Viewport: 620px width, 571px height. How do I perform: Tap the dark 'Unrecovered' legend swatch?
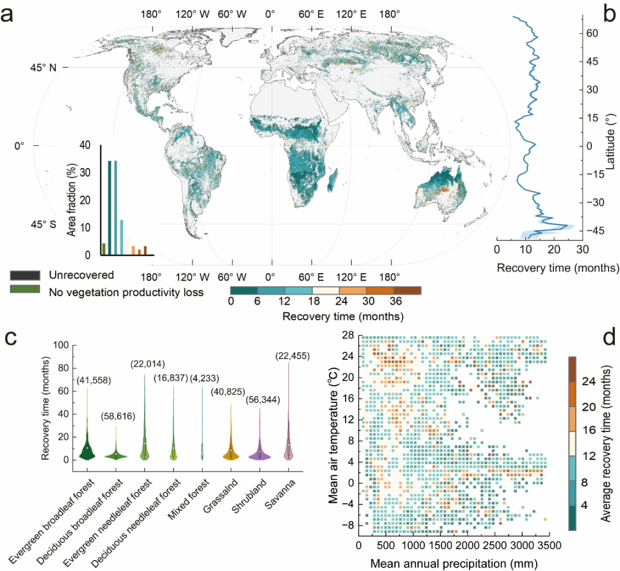tap(25, 275)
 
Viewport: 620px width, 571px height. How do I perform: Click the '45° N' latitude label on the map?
tap(44, 68)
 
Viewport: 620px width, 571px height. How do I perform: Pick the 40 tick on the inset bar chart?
tap(85, 146)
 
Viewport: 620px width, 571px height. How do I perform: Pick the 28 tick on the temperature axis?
tap(348, 335)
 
